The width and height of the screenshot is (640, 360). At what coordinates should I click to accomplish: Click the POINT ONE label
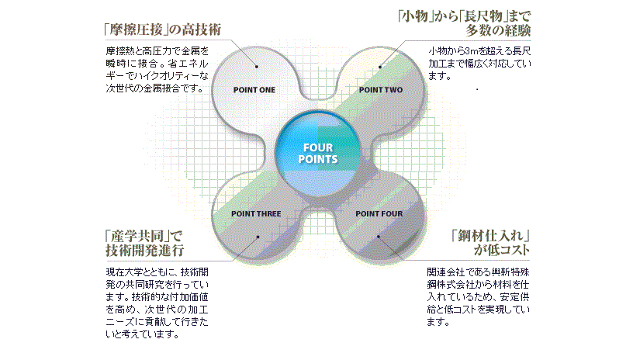pyautogui.click(x=254, y=90)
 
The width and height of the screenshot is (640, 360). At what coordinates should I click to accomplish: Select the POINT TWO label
pyautogui.click(x=381, y=90)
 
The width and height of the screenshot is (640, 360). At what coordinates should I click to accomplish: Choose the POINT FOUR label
pyautogui.click(x=379, y=213)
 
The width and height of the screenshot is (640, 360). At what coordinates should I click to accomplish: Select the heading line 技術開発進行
pyautogui.click(x=144, y=250)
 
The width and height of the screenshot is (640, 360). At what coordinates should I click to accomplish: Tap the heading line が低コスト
pyautogui.click(x=503, y=250)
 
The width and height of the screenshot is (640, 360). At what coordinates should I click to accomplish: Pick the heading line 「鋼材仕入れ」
pyautogui.click(x=490, y=234)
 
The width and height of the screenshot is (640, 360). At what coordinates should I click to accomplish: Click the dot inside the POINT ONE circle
pyautogui.click(x=256, y=67)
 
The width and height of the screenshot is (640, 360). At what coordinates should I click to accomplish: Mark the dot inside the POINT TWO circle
pyautogui.click(x=380, y=67)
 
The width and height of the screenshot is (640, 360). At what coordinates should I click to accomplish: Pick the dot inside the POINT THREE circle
pyautogui.click(x=256, y=236)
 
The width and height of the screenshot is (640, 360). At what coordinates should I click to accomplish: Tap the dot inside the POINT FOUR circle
pyautogui.click(x=380, y=236)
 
